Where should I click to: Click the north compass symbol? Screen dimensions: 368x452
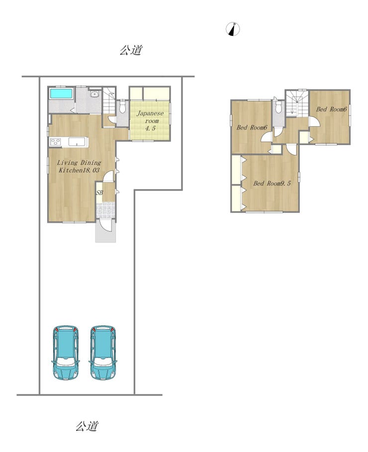tap(233, 29)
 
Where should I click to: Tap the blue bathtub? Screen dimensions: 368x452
tap(61, 93)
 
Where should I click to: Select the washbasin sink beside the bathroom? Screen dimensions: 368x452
tap(94, 94)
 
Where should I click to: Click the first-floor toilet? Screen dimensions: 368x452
tap(122, 106)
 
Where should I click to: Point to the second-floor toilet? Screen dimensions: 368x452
tap(278, 107)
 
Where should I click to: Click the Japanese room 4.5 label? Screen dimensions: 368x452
tap(150, 121)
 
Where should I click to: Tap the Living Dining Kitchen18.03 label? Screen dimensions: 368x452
tap(79, 166)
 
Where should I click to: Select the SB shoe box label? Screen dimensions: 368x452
tap(99, 193)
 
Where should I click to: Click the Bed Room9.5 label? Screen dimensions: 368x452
tap(272, 183)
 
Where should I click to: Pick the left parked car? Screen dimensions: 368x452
tap(66, 353)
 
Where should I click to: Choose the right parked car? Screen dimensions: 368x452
tap(103, 353)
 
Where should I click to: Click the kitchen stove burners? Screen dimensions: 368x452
tap(56, 142)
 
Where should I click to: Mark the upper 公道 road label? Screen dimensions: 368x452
tap(131, 50)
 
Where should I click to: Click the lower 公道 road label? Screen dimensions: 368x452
tap(87, 426)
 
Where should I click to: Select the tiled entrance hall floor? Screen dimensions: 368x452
tap(105, 211)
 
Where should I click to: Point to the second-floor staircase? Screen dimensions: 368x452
tap(297, 103)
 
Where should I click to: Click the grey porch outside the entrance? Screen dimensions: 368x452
tap(105, 232)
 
